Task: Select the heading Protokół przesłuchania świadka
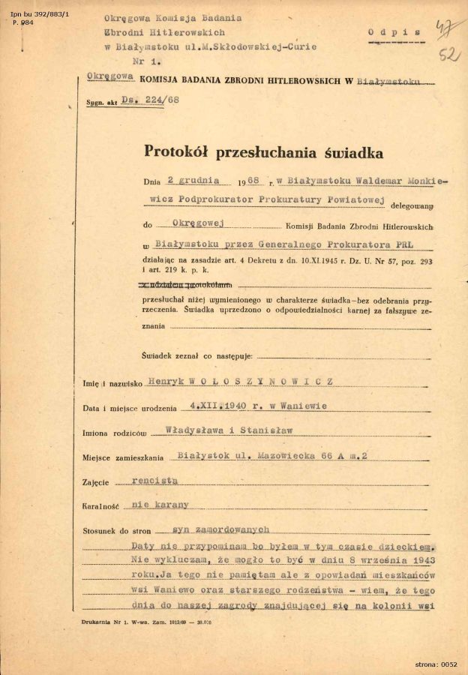(263, 152)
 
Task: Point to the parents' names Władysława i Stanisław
(228, 430)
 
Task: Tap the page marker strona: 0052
(436, 664)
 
